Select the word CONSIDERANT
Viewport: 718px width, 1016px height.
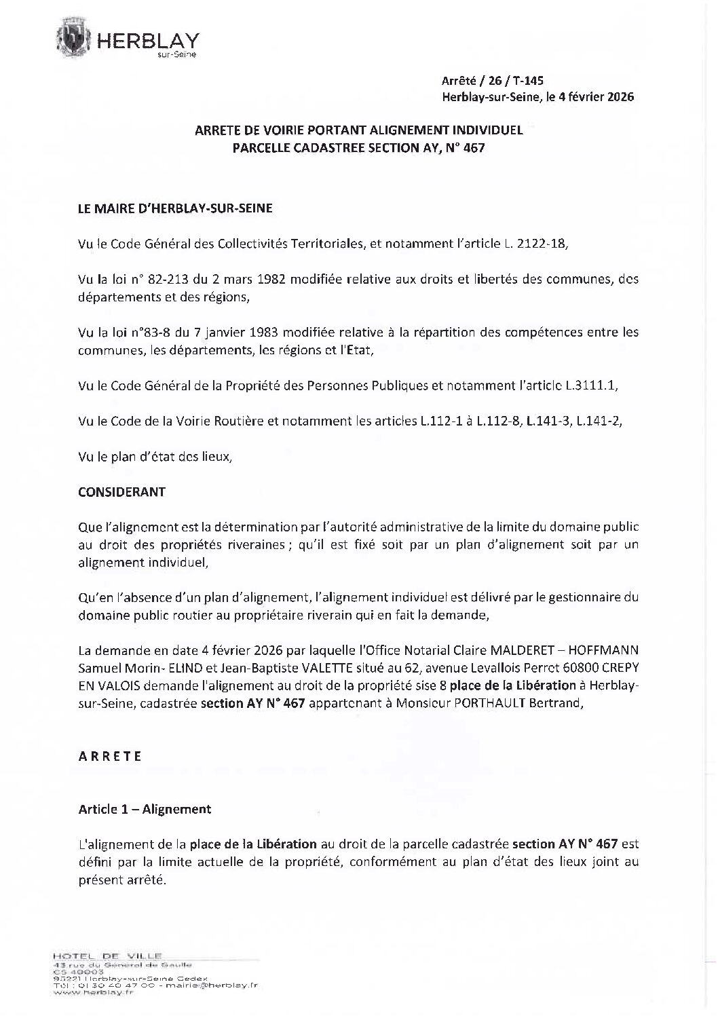point(121,492)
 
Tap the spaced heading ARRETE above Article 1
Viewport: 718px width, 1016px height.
point(110,756)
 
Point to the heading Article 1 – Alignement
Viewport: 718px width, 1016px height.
point(145,809)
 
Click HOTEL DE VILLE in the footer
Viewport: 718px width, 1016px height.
point(107,956)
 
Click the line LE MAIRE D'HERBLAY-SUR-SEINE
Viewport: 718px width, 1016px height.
point(175,209)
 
